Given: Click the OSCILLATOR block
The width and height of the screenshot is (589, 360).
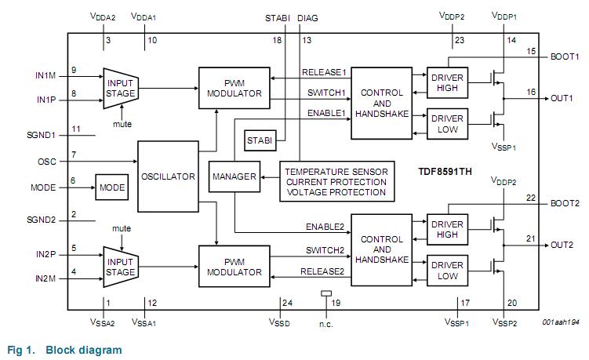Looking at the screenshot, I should click(169, 177).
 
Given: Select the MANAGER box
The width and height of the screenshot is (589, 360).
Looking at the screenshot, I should click(235, 177).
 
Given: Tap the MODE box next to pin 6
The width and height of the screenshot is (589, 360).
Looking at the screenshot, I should click(111, 188).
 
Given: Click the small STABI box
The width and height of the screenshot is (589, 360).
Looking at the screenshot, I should click(260, 141).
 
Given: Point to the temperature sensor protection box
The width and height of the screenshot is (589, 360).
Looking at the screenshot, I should click(336, 181).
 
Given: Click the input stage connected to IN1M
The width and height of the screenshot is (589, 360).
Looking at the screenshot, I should click(121, 88).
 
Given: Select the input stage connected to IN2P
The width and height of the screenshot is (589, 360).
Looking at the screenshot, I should click(121, 267).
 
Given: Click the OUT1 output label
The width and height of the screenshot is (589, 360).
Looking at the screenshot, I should click(562, 99).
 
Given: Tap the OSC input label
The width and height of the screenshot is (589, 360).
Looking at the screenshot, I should click(48, 162).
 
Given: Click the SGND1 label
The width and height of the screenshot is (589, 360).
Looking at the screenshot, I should click(41, 135).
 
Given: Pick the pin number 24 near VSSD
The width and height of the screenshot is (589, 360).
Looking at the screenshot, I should click(286, 303).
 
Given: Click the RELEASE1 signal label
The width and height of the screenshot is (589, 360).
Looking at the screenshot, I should click(325, 72).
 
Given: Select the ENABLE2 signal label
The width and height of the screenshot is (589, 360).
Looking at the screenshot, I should click(325, 227).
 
